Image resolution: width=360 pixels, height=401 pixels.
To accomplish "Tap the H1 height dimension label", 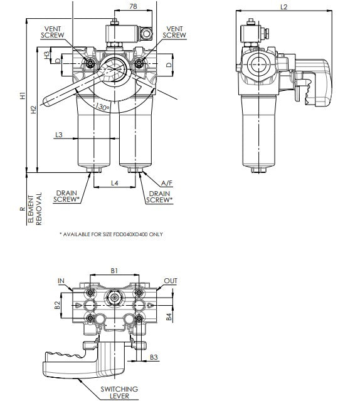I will [x=22, y=97].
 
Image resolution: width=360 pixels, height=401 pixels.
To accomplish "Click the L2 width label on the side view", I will [x=283, y=7].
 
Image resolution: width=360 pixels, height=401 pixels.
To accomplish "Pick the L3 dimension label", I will [x=58, y=135].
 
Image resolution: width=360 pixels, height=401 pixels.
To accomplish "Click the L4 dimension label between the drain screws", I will [x=115, y=183].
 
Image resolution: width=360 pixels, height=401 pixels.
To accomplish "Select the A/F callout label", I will [x=167, y=183].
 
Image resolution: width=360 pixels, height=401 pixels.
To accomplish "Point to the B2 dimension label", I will [x=56, y=305].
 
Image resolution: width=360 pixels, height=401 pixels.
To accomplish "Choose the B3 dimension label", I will [x=154, y=358].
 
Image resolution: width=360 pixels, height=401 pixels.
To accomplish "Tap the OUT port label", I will [x=170, y=281].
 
